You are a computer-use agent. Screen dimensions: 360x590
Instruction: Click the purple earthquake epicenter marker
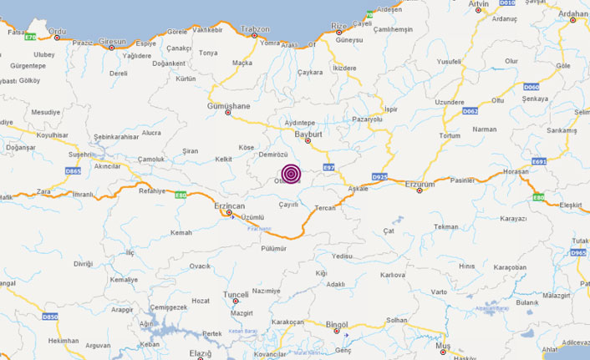[291, 173]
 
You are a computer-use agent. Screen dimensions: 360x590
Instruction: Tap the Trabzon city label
[254, 28]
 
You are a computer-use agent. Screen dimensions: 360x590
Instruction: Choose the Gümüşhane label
[228, 107]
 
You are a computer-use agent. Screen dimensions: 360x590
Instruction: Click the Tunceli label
[236, 295]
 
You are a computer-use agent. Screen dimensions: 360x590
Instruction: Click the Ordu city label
[58, 32]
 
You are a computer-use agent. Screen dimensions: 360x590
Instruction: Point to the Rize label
[338, 26]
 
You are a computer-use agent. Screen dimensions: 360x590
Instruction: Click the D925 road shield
[379, 177]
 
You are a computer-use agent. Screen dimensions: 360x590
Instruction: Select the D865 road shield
[74, 171]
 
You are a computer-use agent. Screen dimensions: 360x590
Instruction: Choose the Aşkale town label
[358, 189]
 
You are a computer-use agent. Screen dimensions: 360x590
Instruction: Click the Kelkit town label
[223, 159]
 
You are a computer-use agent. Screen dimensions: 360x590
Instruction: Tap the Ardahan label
[573, 14]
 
